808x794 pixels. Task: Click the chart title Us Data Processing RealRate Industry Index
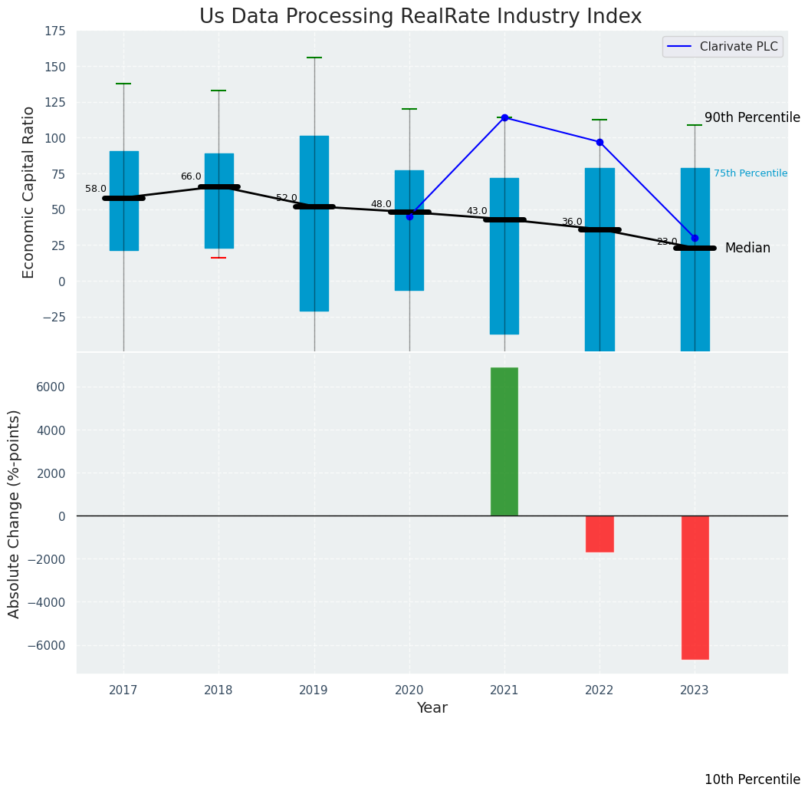pos(420,17)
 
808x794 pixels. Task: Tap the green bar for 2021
pos(504,441)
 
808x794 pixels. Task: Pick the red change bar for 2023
pos(695,587)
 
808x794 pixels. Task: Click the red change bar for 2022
pos(599,533)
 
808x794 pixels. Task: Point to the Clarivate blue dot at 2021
pos(504,117)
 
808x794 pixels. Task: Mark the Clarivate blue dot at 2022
pos(599,142)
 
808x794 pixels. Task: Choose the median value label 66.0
pos(191,176)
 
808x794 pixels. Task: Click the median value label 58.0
pos(96,189)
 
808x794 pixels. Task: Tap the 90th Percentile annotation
pos(751,117)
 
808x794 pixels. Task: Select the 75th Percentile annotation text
pos(750,173)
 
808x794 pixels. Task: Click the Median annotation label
pos(747,248)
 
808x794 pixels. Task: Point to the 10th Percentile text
pos(751,779)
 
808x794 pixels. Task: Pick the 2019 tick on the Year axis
pos(314,690)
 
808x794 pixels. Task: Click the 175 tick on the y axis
pos(54,32)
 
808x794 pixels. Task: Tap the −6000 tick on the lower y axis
pos(47,645)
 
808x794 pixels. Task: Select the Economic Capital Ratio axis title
pos(29,192)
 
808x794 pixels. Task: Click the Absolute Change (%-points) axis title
pos(15,513)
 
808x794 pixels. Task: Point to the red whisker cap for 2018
pos(218,258)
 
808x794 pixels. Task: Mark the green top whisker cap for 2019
pos(314,58)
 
